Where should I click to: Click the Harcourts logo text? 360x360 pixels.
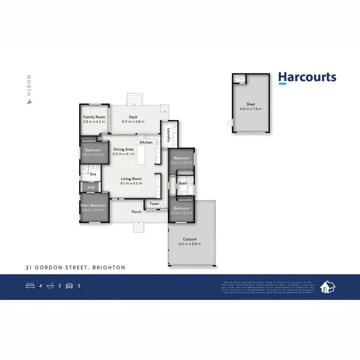(x=307, y=78)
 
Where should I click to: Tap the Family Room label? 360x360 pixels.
(x=94, y=117)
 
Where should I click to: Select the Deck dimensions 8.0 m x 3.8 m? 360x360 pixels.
(x=133, y=122)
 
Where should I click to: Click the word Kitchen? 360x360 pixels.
(x=146, y=143)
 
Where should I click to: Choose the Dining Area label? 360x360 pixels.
(x=123, y=149)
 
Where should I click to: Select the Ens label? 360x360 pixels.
(x=93, y=174)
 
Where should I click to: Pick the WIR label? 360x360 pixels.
(x=91, y=188)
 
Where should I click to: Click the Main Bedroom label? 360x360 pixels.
(x=94, y=206)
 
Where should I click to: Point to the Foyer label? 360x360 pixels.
(x=154, y=204)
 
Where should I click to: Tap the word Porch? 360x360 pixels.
(x=137, y=212)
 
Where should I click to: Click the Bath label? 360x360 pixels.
(x=183, y=183)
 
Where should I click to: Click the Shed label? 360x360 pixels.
(x=251, y=104)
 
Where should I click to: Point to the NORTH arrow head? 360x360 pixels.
(x=29, y=101)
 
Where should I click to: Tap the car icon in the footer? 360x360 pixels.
(x=69, y=286)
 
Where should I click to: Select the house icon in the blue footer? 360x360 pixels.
(x=328, y=287)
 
